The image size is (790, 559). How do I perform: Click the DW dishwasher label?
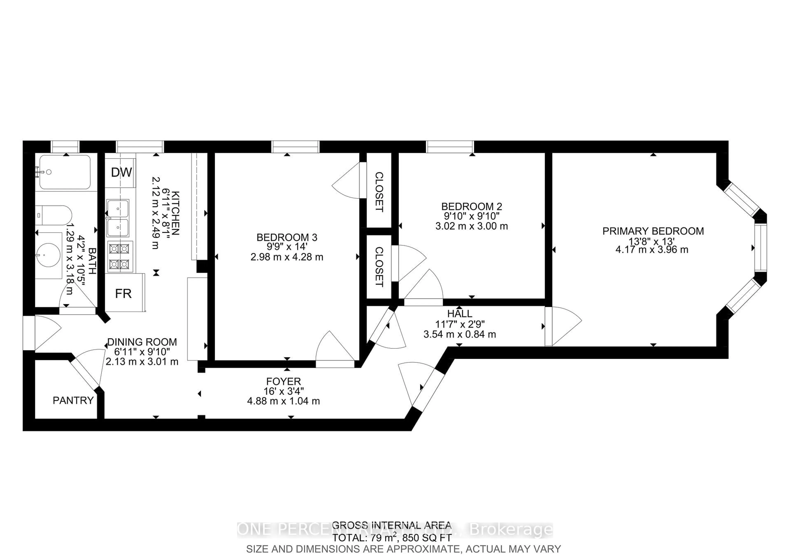(121, 172)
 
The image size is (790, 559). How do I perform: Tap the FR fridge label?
(123, 294)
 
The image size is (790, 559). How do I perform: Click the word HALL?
(459, 313)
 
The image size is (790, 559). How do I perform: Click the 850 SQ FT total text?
(427, 538)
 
